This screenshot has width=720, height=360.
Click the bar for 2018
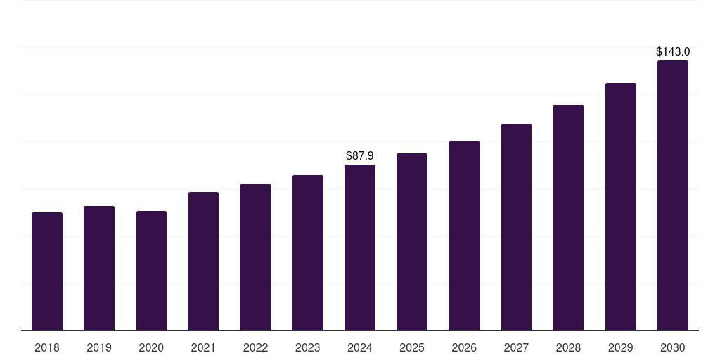pos(47,271)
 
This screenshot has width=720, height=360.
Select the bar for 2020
pos(151,271)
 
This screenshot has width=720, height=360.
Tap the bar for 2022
pos(255,257)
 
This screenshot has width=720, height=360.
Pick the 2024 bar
pos(360,247)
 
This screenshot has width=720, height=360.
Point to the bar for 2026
pos(464,236)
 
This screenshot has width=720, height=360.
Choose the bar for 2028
pos(568,218)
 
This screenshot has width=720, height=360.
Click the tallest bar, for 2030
pos(673,195)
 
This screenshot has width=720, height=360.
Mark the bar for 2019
pos(99,268)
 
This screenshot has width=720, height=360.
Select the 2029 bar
pos(621,207)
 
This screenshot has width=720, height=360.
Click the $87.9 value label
pos(360,155)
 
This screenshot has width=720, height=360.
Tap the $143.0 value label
pos(673,51)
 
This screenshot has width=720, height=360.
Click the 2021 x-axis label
pos(203,347)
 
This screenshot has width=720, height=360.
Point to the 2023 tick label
pos(308,347)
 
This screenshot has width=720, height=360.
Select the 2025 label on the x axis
pos(412,347)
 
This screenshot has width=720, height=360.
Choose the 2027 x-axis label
pos(516,347)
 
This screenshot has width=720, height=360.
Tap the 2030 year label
pos(673,347)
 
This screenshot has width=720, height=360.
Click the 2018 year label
pos(47,347)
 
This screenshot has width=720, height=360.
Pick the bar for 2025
pos(412,242)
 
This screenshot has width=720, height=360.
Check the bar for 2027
pos(516,227)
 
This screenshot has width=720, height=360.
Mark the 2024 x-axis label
pos(360,347)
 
